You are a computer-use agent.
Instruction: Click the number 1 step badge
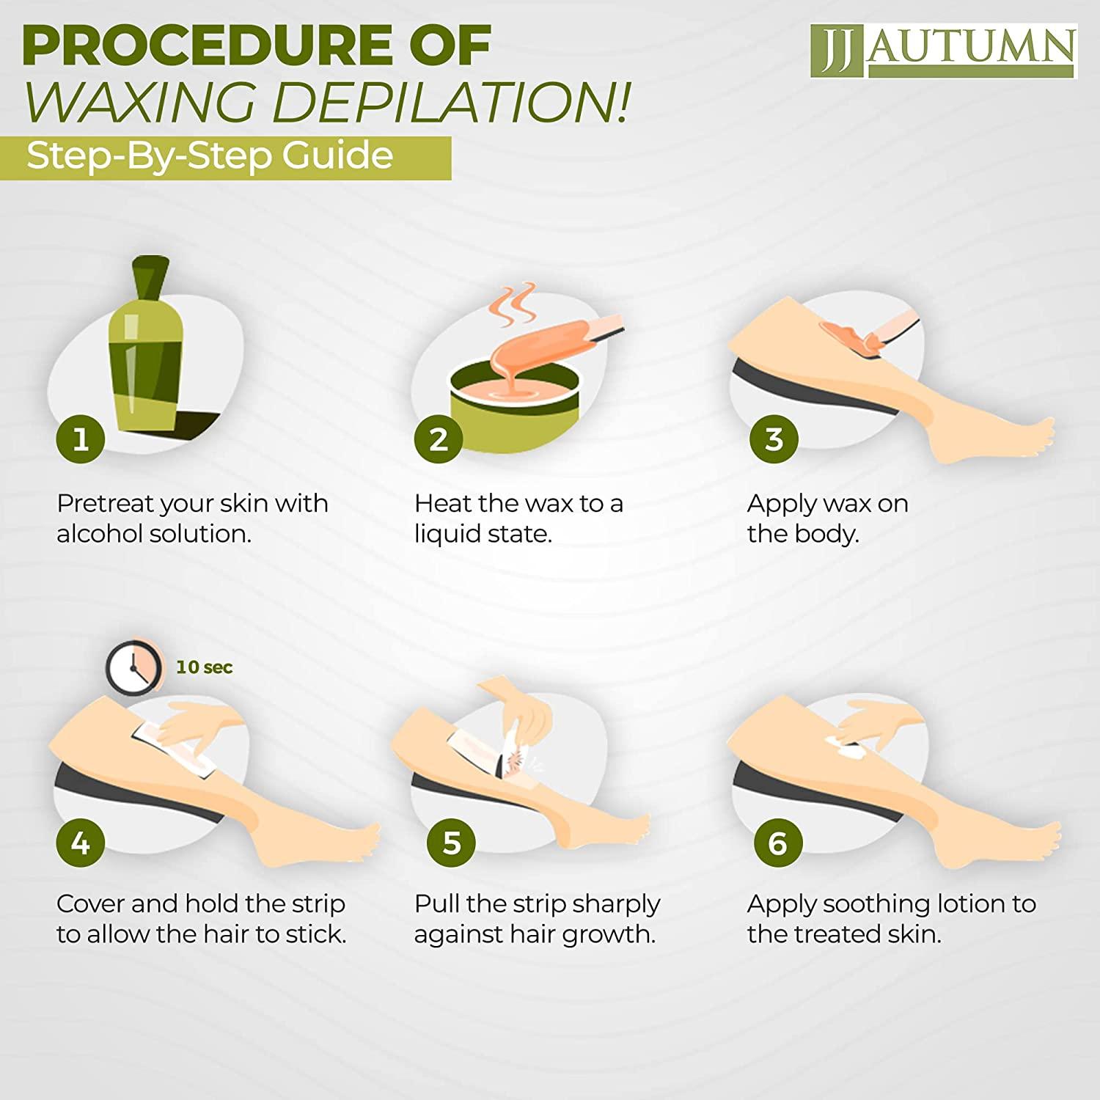80,439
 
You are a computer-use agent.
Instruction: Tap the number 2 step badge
438,439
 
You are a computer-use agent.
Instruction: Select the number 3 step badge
774,439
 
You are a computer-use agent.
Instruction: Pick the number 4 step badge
80,843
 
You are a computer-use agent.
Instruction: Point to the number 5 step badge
451,843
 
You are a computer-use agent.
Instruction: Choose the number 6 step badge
777,843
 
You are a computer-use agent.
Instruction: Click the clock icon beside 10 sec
133,667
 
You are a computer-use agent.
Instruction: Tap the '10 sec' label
204,667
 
